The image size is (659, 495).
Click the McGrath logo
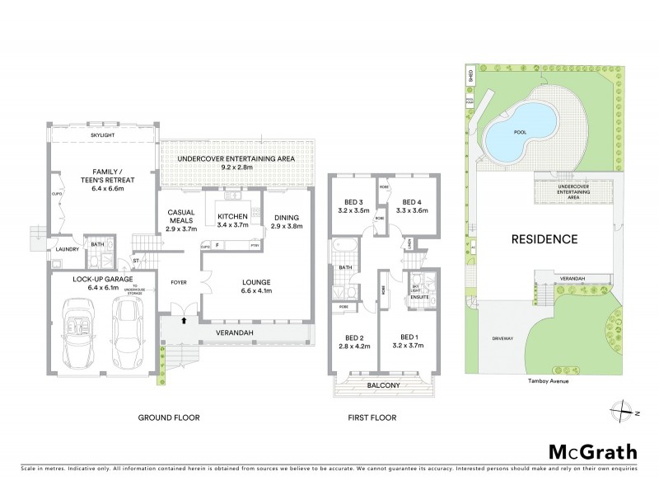(x=592, y=451)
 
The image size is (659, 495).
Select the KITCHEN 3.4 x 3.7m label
(x=233, y=221)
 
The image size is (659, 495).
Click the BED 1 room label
(x=409, y=341)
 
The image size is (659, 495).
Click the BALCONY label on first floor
(x=382, y=384)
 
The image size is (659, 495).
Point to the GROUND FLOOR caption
(x=168, y=418)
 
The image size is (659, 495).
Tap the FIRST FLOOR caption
(x=372, y=418)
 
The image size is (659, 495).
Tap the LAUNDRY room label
(x=68, y=250)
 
